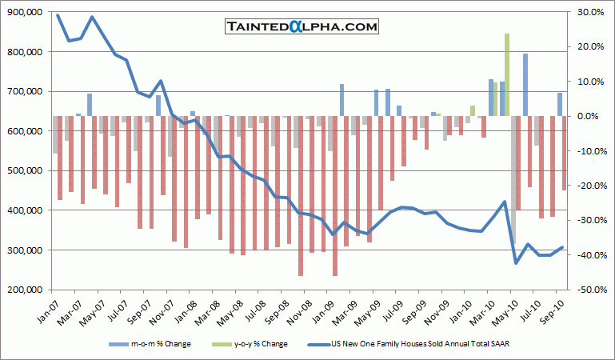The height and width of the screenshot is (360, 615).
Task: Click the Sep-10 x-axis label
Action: pos(553,308)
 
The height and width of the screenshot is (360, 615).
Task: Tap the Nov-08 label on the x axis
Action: pos(294,308)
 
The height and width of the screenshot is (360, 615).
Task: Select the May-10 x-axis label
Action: pos(508,308)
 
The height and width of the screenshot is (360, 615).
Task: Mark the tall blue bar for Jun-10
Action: pos(525,85)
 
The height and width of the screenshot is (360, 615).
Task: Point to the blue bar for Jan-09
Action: pos(341,100)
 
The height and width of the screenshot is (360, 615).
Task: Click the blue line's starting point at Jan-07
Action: pos(58,15)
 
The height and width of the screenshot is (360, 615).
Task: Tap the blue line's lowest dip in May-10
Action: pos(516,263)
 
